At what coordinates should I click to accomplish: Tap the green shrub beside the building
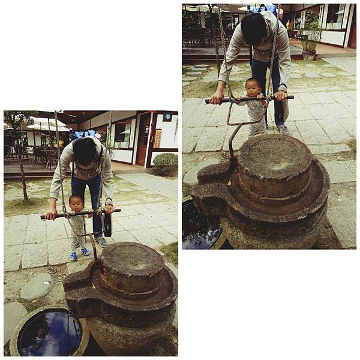click(165, 164)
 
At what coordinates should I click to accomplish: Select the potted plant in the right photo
click(310, 36)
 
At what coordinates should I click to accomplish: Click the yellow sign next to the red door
click(158, 138)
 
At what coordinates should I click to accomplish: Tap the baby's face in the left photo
click(76, 203)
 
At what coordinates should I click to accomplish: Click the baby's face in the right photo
click(253, 87)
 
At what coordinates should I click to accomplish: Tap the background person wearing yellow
click(289, 25)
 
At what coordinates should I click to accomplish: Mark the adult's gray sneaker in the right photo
click(283, 130)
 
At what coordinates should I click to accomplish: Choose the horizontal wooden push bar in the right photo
click(249, 98)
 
